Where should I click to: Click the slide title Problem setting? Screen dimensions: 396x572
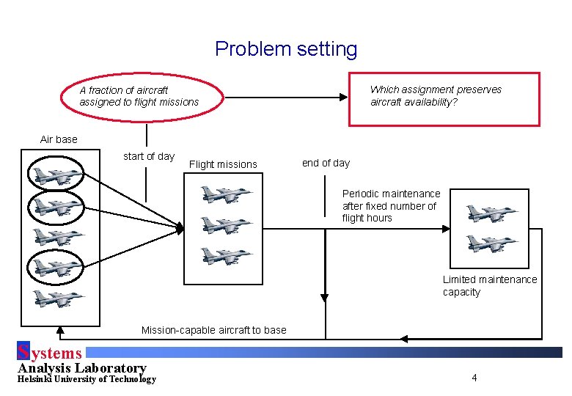(x=286, y=49)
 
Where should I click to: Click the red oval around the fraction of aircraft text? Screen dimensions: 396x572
(x=139, y=96)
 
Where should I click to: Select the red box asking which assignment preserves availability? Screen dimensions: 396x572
(x=443, y=99)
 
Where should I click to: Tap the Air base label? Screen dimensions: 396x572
(x=59, y=139)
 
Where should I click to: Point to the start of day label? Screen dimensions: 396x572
(x=149, y=156)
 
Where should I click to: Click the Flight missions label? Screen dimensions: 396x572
(x=223, y=164)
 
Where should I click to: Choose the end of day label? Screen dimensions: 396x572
(x=326, y=163)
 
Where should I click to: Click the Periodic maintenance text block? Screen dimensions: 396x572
(x=391, y=206)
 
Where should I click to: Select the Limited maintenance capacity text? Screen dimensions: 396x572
(x=489, y=286)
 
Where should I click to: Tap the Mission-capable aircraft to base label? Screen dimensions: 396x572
(x=213, y=330)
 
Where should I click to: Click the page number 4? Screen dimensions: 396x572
(x=474, y=378)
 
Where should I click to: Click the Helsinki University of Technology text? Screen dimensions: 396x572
(x=87, y=379)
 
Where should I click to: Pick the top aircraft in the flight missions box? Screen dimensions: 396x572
(x=227, y=194)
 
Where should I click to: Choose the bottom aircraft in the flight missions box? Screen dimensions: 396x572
(x=227, y=256)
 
